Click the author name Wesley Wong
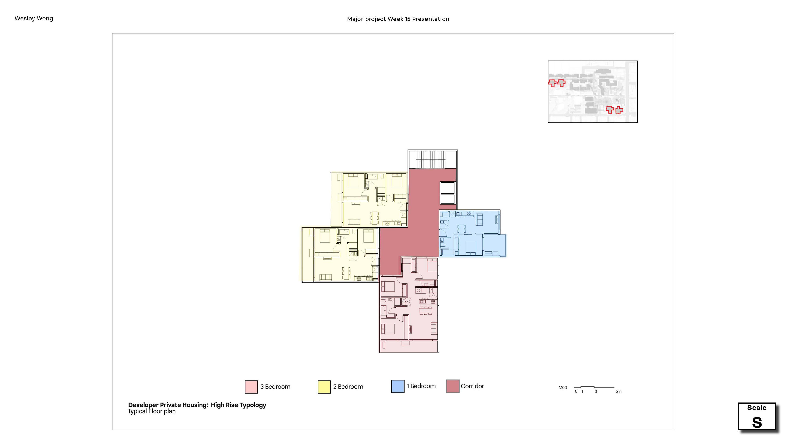34,18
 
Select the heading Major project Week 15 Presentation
398,19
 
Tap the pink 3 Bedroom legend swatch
251,387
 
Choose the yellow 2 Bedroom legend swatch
324,387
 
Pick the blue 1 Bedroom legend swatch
398,386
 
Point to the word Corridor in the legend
472,386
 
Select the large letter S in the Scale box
757,423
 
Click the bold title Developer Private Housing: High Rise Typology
197,405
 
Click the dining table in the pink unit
426,310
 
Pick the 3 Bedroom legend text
275,387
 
